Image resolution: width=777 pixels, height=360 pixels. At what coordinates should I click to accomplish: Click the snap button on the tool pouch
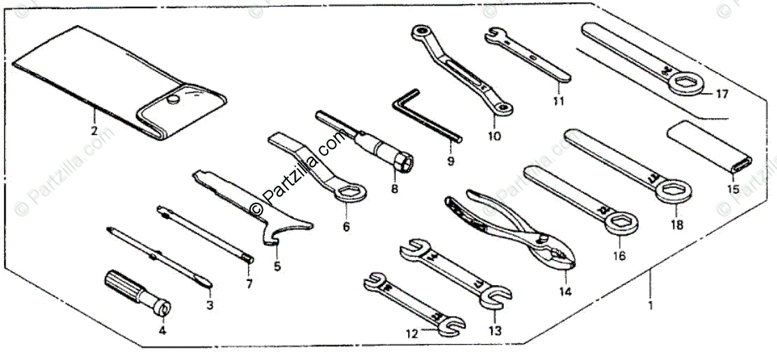click(x=171, y=102)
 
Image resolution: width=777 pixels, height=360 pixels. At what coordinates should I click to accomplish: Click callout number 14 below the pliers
click(x=565, y=291)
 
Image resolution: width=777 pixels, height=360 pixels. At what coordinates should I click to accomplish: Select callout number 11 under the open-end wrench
click(x=558, y=101)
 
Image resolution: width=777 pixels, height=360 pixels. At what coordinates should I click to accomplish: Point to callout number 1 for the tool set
click(x=650, y=305)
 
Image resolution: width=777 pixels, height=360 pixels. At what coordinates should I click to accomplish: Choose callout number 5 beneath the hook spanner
click(x=277, y=266)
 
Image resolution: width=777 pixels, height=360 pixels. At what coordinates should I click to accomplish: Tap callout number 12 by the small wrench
click(x=412, y=334)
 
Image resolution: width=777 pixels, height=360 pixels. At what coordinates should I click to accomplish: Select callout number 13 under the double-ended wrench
click(x=495, y=330)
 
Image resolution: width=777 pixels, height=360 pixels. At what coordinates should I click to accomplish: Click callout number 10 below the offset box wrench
click(x=494, y=137)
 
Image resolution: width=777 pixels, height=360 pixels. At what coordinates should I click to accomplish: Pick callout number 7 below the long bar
click(x=249, y=284)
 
